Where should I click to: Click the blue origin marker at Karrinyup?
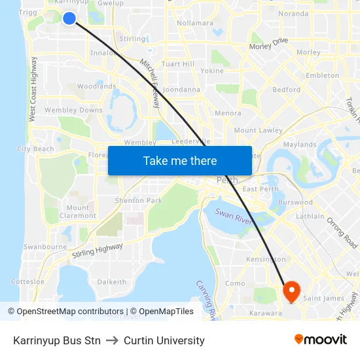coord(69,18)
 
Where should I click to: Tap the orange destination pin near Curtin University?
coord(291,290)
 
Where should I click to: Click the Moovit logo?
coord(320,339)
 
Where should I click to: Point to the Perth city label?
coord(226,180)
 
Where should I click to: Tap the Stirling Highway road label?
coord(98,249)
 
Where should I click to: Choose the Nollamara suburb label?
coord(195,23)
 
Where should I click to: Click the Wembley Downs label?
coord(74,110)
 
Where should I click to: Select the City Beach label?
coord(35,149)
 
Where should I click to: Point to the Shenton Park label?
coord(138,200)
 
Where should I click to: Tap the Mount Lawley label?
coord(258,131)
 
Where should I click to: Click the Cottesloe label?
coord(28,281)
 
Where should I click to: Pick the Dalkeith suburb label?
coord(111,282)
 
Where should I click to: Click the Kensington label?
coord(265,260)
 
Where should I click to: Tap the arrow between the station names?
coord(112,340)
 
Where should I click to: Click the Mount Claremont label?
coord(78,211)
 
